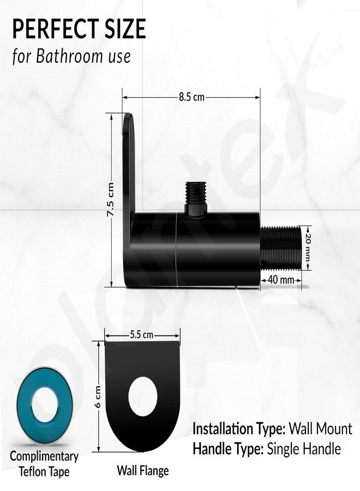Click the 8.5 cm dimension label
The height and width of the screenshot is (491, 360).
coord(191,97)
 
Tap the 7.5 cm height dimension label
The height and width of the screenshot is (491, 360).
coord(110,200)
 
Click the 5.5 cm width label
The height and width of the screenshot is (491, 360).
coord(142,335)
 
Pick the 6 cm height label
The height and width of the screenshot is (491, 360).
coord(98,397)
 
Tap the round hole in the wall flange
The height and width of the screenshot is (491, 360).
coord(143,397)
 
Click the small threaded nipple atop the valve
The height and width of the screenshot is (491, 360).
coord(196,199)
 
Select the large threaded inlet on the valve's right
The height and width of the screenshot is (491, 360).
coord(280,248)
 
